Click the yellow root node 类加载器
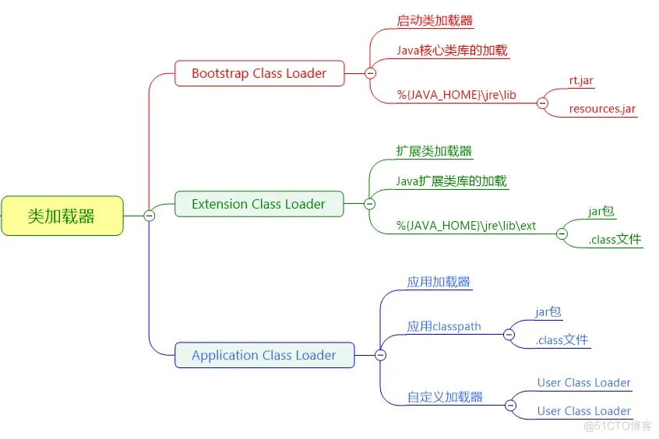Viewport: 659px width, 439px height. tap(62, 216)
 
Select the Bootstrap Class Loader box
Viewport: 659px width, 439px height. tap(259, 73)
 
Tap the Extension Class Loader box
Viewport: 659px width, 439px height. tap(259, 204)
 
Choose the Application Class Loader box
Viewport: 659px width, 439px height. tap(264, 356)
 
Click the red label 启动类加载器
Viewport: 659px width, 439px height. tap(435, 20)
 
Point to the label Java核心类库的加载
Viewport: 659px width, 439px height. tap(453, 51)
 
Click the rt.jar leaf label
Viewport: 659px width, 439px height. tap(581, 80)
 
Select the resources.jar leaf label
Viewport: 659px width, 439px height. tap(602, 109)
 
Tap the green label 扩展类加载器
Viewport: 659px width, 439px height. tap(434, 151)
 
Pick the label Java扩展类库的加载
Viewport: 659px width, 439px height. tap(451, 181)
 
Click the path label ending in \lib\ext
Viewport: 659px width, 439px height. tap(466, 226)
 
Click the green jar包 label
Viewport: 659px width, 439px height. tap(601, 211)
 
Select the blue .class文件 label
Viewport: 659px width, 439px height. tap(562, 340)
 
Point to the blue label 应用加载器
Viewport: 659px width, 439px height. tap(439, 282)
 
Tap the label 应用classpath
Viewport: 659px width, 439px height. tap(444, 326)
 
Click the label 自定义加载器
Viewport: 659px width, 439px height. tap(445, 397)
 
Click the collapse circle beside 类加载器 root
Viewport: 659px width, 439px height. tap(150, 216)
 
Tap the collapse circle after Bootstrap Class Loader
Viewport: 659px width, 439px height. tap(370, 73)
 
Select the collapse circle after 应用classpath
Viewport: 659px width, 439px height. tap(509, 335)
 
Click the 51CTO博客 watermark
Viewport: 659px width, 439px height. tap(618, 426)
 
